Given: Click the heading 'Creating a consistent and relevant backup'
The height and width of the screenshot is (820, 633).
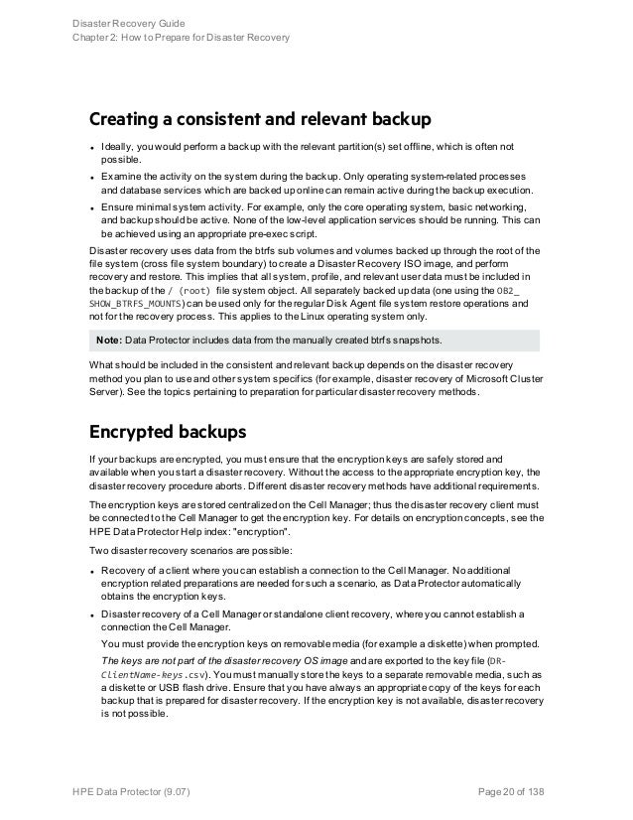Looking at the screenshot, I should tap(260, 122).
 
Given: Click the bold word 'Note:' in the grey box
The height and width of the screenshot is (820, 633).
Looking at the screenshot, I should tap(109, 341).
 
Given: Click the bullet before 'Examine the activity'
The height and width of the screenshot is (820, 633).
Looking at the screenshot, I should tap(92, 177).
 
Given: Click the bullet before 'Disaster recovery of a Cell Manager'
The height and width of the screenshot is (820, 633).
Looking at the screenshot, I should tap(92, 615).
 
